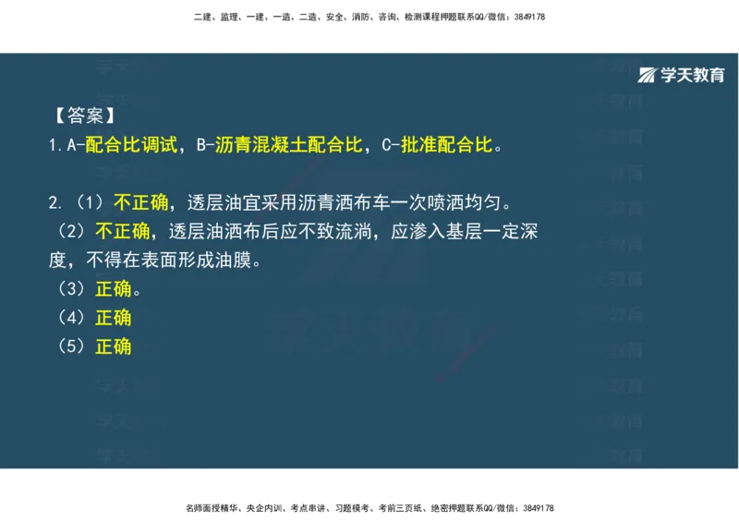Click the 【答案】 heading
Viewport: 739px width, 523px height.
[84, 116]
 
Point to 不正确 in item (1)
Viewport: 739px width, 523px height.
[141, 202]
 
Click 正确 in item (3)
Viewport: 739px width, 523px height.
[113, 289]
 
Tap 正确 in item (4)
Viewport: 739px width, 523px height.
[113, 318]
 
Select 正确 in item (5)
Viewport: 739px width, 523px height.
[113, 347]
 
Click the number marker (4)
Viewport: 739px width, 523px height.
[72, 318]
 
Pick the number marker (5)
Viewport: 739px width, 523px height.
[72, 347]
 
